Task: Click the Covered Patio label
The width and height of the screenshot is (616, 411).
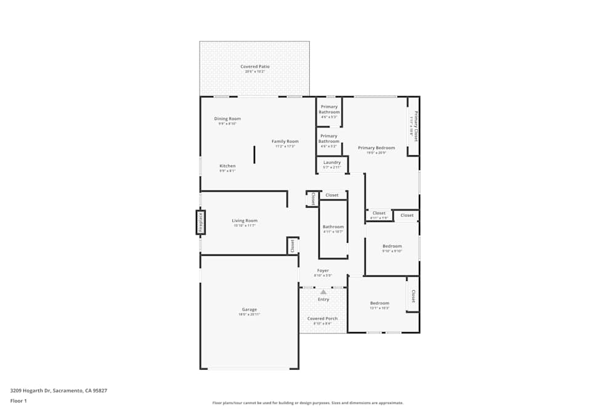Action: click(x=254, y=67)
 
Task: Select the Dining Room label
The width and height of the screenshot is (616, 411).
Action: click(x=227, y=119)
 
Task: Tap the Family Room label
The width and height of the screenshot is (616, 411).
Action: click(x=285, y=142)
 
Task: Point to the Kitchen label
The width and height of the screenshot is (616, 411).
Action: click(x=227, y=166)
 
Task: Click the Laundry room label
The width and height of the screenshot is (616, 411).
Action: click(x=332, y=163)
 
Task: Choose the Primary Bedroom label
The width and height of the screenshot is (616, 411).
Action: click(x=376, y=148)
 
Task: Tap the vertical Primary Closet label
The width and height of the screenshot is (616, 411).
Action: click(x=416, y=126)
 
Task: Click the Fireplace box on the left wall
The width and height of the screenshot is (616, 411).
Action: click(x=200, y=222)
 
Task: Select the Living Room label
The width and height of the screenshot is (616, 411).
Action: click(x=245, y=221)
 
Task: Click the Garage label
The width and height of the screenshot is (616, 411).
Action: click(x=249, y=309)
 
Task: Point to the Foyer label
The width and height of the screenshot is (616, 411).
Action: click(x=323, y=271)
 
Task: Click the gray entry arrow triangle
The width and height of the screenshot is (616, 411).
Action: click(x=323, y=291)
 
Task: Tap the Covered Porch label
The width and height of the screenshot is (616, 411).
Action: click(x=323, y=319)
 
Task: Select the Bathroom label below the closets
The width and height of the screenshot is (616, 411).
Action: click(x=333, y=227)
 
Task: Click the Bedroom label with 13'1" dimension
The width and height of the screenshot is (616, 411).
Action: click(x=379, y=303)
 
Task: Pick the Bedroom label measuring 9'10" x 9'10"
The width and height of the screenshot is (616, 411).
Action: click(x=392, y=246)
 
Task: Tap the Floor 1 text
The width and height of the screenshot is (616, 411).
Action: click(x=18, y=401)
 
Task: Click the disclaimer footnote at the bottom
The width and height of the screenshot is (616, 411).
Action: click(x=308, y=403)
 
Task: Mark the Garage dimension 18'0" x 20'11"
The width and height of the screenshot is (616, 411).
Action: click(x=249, y=315)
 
